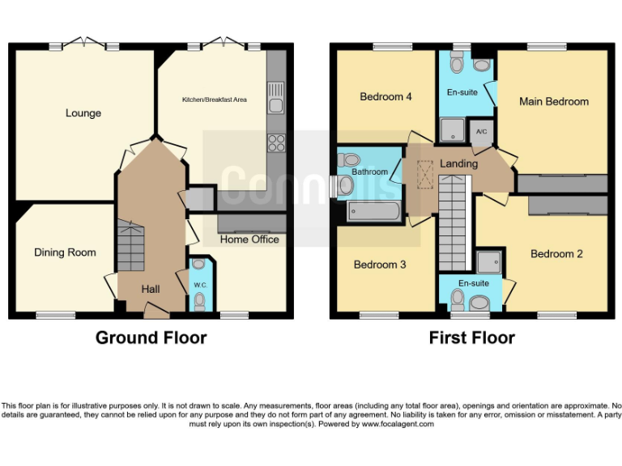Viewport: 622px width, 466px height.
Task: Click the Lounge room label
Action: coord(83,113)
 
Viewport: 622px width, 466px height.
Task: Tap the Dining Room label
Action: coord(65,252)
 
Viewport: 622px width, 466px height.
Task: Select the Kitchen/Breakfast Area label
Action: coord(214,100)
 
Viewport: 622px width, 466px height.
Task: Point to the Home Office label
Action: coord(249,239)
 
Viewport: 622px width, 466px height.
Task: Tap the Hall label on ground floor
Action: coord(151,289)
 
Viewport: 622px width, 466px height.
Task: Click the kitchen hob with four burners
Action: coord(276,142)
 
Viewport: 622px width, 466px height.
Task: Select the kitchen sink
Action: coord(276,97)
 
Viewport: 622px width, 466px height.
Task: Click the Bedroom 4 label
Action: coord(386,97)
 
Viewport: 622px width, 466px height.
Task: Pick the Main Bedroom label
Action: coord(554,102)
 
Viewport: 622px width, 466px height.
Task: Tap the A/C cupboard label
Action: coord(481,132)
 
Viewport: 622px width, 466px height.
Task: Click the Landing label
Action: coord(458,163)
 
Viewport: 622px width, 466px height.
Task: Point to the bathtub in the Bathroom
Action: coord(373,212)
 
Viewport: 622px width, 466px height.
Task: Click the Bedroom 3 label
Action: coord(380,265)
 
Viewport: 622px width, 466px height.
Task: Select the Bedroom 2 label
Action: coord(556,254)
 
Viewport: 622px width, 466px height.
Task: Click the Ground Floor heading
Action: coord(151,337)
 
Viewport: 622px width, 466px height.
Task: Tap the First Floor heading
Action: coord(471,337)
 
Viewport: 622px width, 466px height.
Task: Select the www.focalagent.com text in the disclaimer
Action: coord(398,424)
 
